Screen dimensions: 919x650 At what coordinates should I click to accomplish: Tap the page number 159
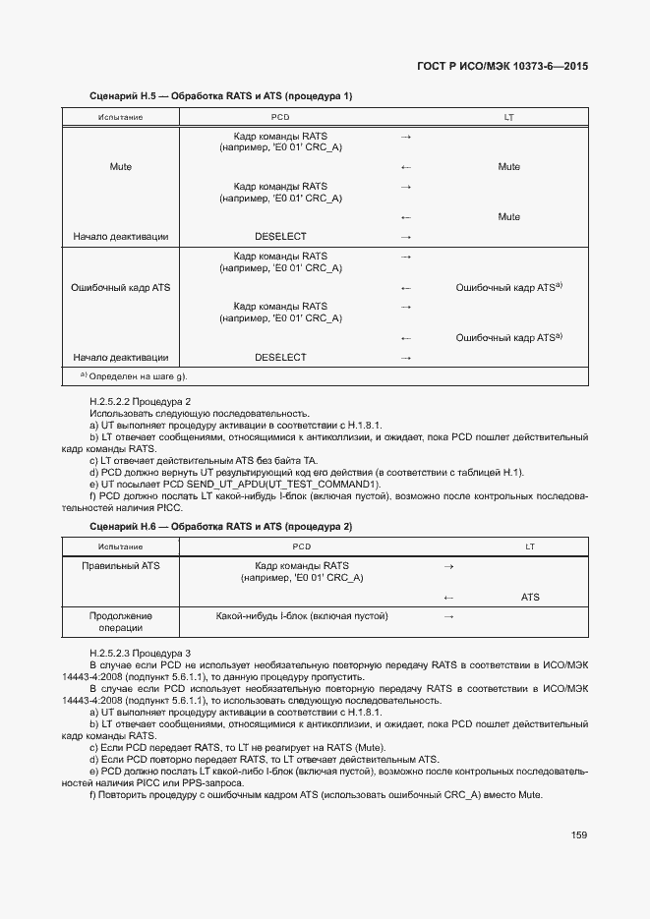click(579, 835)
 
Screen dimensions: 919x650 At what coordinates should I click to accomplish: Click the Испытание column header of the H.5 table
click(121, 118)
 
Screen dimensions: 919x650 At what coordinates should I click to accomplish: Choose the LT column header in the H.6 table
click(530, 546)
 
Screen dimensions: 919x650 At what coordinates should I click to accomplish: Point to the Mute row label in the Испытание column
click(121, 167)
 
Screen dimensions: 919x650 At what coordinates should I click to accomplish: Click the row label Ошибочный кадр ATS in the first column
click(121, 288)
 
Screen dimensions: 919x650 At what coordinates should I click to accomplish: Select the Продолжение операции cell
click(121, 622)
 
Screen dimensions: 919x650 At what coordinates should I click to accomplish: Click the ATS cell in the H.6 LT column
click(530, 597)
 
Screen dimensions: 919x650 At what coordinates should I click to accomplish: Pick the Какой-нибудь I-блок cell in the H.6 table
click(302, 616)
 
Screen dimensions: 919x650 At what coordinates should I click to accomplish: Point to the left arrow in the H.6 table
click(448, 597)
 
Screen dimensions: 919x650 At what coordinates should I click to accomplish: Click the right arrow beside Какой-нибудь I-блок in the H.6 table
click(448, 616)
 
